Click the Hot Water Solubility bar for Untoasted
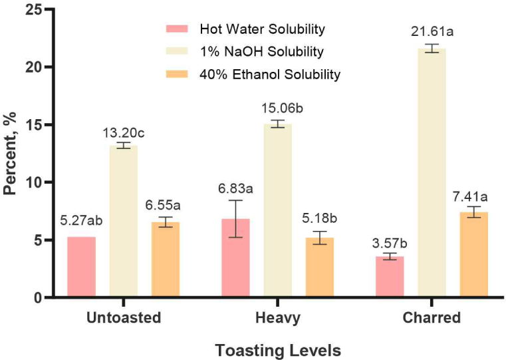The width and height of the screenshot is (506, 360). tap(81, 267)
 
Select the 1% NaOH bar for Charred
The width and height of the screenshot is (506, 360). tap(432, 173)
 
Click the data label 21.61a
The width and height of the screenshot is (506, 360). tap(434, 33)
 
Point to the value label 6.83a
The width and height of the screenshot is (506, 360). tap(235, 189)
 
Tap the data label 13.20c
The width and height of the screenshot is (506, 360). tap(124, 132)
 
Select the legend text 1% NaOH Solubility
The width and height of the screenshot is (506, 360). tap(261, 51)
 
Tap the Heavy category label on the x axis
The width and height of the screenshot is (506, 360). tap(277, 318)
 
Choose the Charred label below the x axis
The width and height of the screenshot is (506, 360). tap(432, 318)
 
